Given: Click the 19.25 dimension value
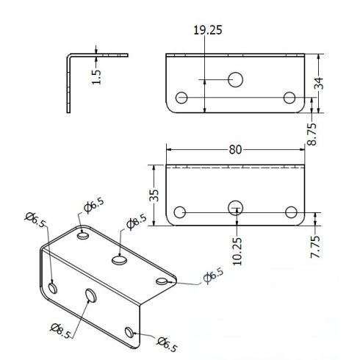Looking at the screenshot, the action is [x=208, y=30].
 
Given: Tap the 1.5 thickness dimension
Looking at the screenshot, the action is [x=96, y=77].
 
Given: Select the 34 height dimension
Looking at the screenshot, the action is [x=319, y=83].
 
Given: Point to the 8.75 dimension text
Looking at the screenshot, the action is [x=312, y=134].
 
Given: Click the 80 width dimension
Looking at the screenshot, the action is [x=235, y=150].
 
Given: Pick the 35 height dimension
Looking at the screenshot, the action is [x=154, y=195].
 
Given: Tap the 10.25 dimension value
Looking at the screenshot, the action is [x=237, y=251].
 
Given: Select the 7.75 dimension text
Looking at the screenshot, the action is [x=315, y=247].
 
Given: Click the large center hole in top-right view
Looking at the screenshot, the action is [x=235, y=79].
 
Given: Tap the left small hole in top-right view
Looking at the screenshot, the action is [x=181, y=98].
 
